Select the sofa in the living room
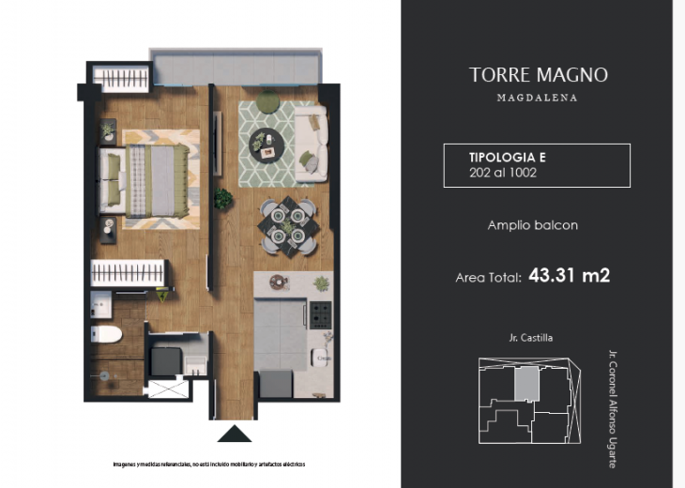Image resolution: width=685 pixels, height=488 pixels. [x=310, y=145]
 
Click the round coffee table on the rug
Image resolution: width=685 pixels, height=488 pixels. [x=266, y=144]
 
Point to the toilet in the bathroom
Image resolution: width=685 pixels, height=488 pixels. [x=106, y=333]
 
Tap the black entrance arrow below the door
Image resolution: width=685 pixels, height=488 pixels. [x=235, y=433]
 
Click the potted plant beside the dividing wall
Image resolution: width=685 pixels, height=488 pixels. [x=223, y=199]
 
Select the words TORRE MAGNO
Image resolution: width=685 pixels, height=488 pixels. [x=538, y=75]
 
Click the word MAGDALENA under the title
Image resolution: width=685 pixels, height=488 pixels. [x=537, y=98]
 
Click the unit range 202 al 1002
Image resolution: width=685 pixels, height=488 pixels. [x=502, y=173]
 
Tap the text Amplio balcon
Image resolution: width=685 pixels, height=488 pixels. [x=532, y=225]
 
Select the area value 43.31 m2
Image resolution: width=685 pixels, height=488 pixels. [x=569, y=276]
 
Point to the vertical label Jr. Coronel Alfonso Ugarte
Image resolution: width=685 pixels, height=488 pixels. [x=613, y=408]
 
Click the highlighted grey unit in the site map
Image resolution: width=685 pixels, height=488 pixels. [x=528, y=383]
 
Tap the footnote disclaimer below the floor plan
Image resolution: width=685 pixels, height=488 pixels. [x=208, y=465]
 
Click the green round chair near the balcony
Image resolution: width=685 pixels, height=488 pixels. [x=267, y=102]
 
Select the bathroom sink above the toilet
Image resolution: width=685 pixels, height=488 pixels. [x=102, y=304]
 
